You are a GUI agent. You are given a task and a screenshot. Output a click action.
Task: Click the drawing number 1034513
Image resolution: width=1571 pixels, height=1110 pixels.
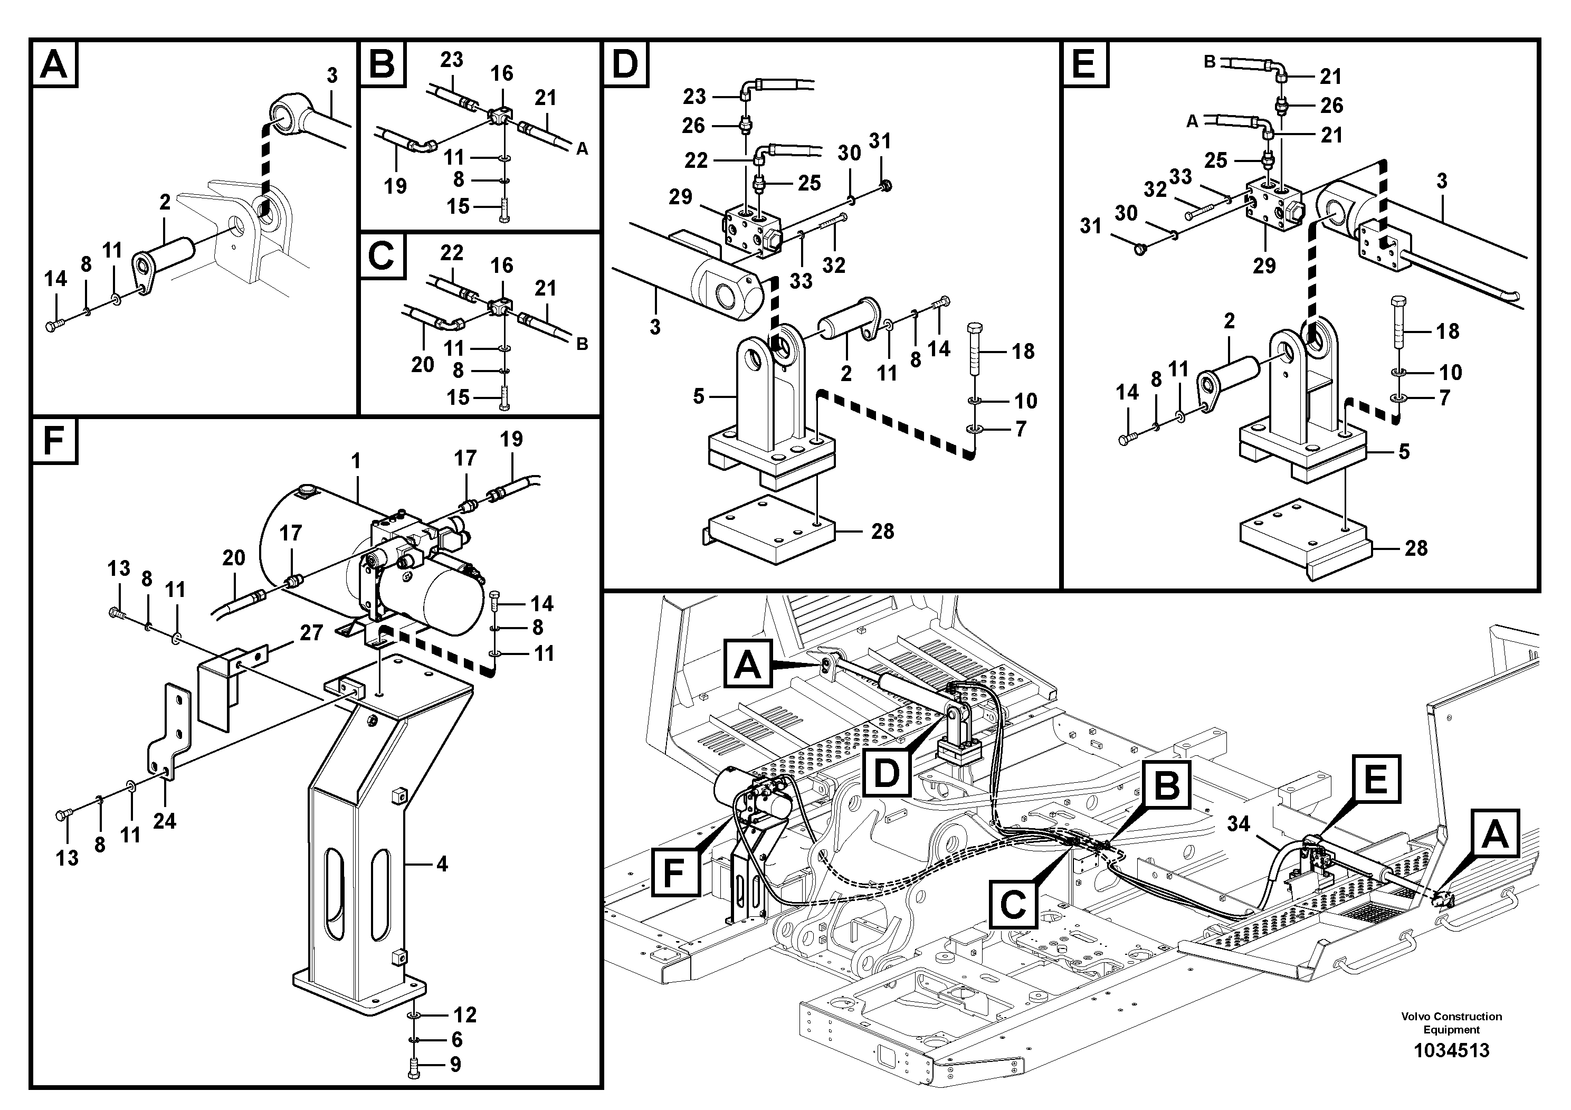point(1451,1050)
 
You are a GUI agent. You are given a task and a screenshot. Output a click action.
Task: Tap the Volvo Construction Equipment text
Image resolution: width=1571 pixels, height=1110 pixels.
point(1451,1022)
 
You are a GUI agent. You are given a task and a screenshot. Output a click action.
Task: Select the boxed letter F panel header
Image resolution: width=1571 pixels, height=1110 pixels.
point(53,440)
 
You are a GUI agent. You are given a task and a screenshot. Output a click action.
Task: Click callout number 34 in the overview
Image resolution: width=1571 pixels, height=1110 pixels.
point(1238,823)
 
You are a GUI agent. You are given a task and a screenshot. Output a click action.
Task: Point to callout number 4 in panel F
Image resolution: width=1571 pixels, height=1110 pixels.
point(442,865)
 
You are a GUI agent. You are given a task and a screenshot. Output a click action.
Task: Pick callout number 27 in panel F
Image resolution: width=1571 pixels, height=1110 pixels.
point(311,632)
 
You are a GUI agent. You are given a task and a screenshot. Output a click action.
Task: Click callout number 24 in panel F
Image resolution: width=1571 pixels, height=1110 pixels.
point(164,821)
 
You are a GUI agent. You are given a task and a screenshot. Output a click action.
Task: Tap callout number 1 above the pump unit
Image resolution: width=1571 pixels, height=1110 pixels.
point(356,461)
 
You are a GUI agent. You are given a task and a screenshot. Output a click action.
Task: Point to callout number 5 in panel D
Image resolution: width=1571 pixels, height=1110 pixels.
point(698,396)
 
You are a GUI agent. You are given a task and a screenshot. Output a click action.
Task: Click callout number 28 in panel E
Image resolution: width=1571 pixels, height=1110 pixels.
point(1416,547)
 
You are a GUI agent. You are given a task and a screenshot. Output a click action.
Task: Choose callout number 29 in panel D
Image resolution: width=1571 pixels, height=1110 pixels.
point(680,197)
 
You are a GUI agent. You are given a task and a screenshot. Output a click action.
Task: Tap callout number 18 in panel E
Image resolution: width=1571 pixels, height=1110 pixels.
point(1447,331)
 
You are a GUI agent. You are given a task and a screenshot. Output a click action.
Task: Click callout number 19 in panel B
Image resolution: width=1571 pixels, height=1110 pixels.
point(395,185)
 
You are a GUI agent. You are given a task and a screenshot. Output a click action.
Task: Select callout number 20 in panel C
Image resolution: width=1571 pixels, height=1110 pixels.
point(422,364)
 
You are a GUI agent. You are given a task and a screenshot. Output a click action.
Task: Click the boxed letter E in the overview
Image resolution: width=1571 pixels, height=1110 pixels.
point(1375,780)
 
